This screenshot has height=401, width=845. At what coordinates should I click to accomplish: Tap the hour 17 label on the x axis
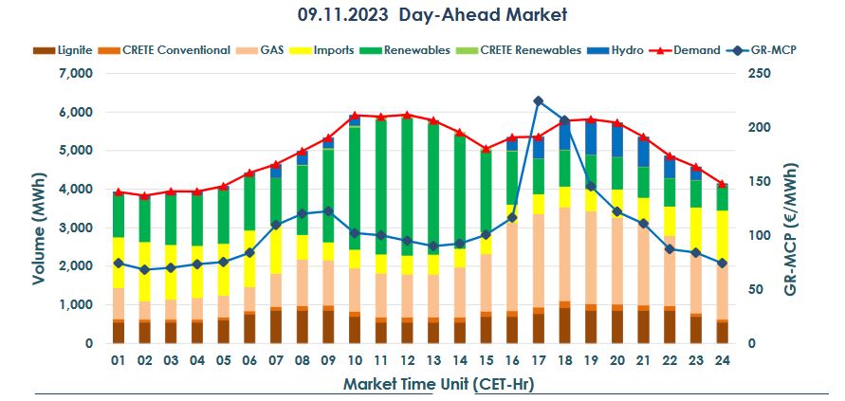coord(538,361)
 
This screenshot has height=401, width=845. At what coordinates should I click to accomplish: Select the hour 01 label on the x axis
coord(119,361)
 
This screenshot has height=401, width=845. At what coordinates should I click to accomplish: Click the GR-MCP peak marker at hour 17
coord(538,100)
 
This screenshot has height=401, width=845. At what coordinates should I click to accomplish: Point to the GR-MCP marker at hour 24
coord(722,263)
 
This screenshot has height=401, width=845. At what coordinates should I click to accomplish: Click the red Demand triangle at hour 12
coord(407,115)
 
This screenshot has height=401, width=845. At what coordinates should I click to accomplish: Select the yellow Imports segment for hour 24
coord(722,237)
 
